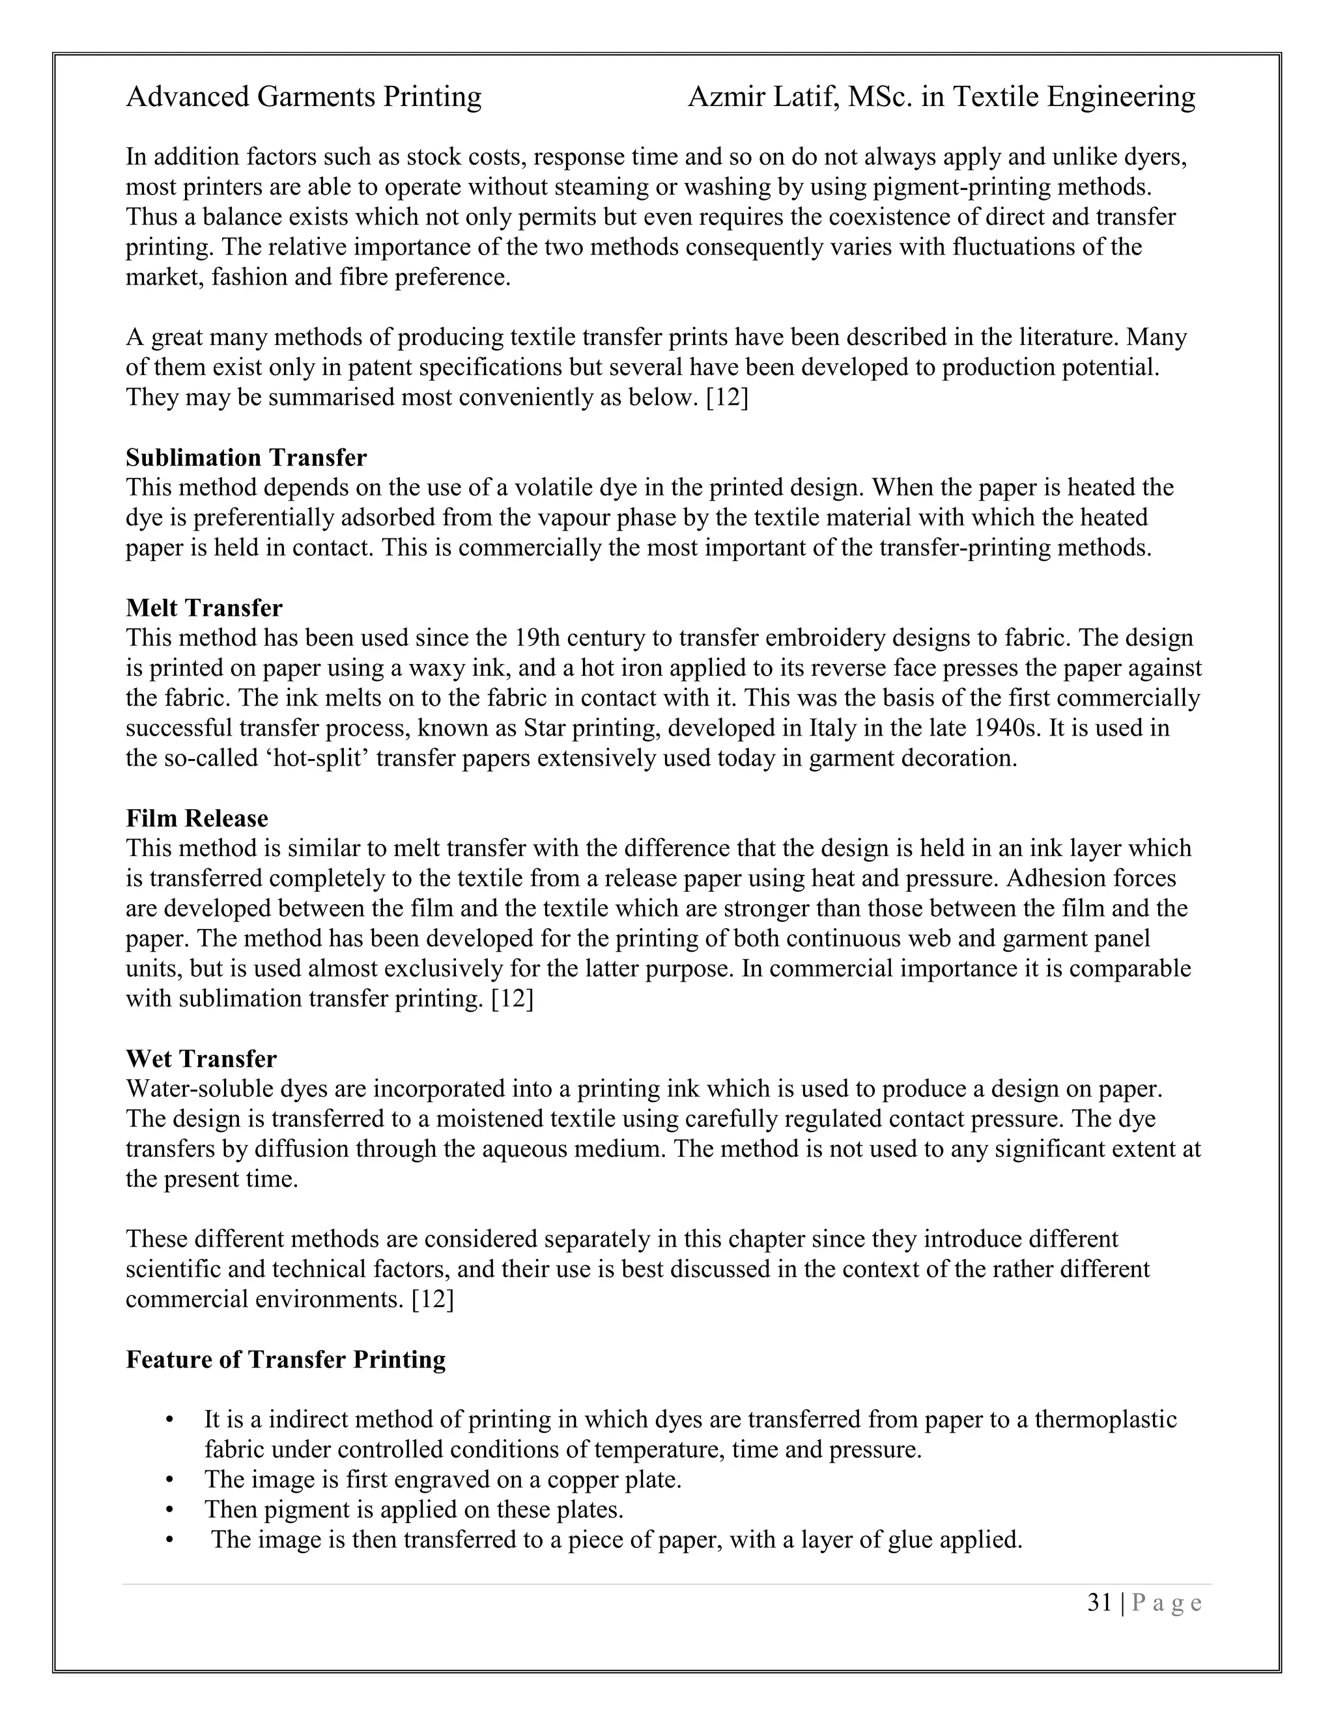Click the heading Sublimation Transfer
coord(246,458)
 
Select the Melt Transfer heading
coord(204,608)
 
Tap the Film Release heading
coord(197,818)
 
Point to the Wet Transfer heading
coord(201,1059)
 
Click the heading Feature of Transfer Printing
coord(285,1360)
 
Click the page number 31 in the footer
coord(1100,1603)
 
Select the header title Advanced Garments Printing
coord(304,97)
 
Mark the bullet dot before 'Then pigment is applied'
coord(169,1510)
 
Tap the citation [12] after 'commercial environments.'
coord(433,1300)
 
